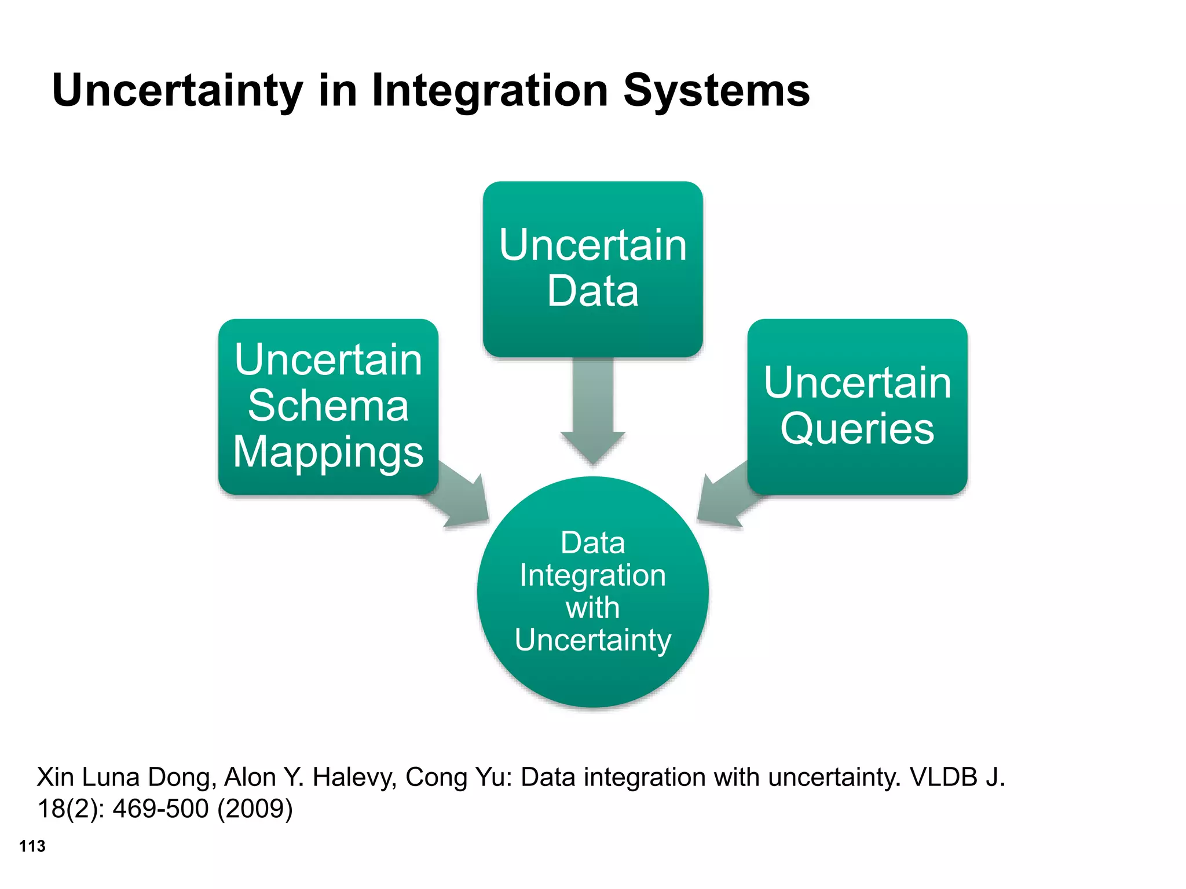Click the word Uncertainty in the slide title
pos(177,91)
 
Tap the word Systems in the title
pos(716,91)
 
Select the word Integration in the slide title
pos(489,91)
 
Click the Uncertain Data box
pos(592,269)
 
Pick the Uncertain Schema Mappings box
pos(328,406)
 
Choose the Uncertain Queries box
pos(857,406)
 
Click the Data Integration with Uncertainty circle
pos(592,592)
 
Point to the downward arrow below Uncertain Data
pos(593,411)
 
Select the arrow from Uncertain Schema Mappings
pos(460,495)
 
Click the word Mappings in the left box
pos(328,452)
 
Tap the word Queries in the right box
pos(857,429)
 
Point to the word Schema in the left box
pos(328,406)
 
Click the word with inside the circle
pos(592,608)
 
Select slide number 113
pos(32,846)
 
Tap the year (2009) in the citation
pos(255,809)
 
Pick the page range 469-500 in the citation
pos(160,809)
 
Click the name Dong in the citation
pos(182,777)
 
